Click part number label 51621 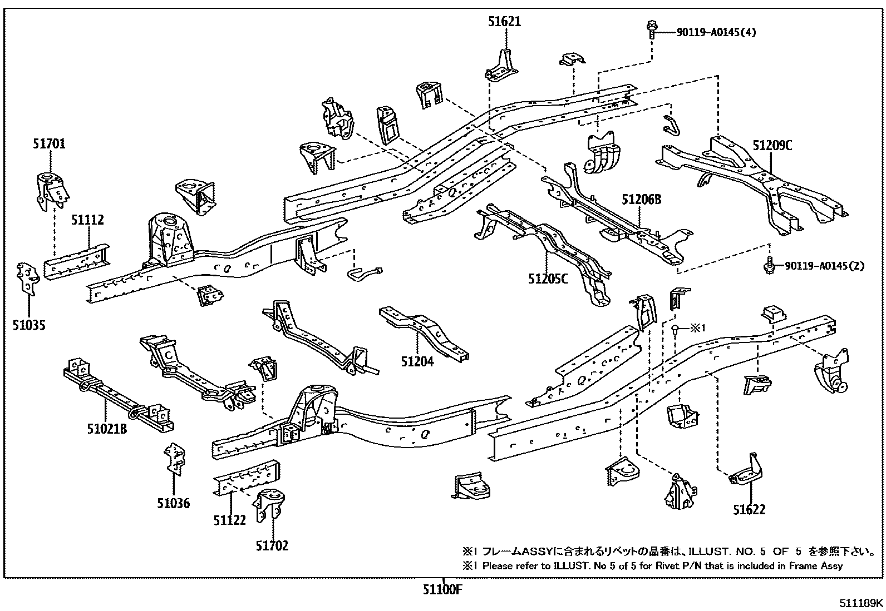[504, 22]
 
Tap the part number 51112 [87, 220]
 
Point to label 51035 [29, 325]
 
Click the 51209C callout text [772, 146]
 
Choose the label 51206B [641, 198]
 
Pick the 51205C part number [548, 279]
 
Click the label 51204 [417, 362]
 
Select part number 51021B [107, 429]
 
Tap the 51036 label [173, 504]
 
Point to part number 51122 [229, 520]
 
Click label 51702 [272, 546]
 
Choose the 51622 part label [749, 510]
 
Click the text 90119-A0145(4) [716, 32]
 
